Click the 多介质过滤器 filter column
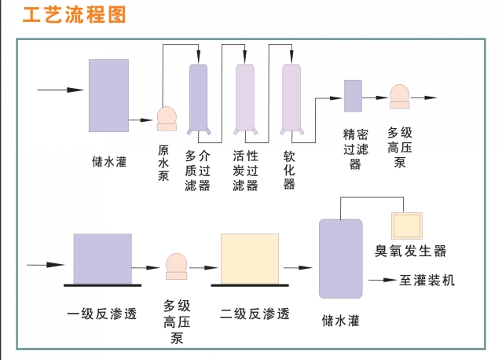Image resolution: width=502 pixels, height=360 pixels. point(198,96)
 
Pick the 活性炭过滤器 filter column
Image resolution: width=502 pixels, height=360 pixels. point(245,96)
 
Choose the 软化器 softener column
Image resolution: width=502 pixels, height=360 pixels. point(291,96)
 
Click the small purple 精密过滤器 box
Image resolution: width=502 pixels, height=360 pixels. point(353,95)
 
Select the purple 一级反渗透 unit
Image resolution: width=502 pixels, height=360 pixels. point(102,258)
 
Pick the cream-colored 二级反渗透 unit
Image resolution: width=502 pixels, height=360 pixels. point(250,258)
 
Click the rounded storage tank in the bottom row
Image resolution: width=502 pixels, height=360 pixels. point(340,257)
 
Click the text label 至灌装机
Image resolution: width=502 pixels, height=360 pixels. point(427,281)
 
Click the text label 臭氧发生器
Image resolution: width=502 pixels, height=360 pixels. point(410,252)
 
